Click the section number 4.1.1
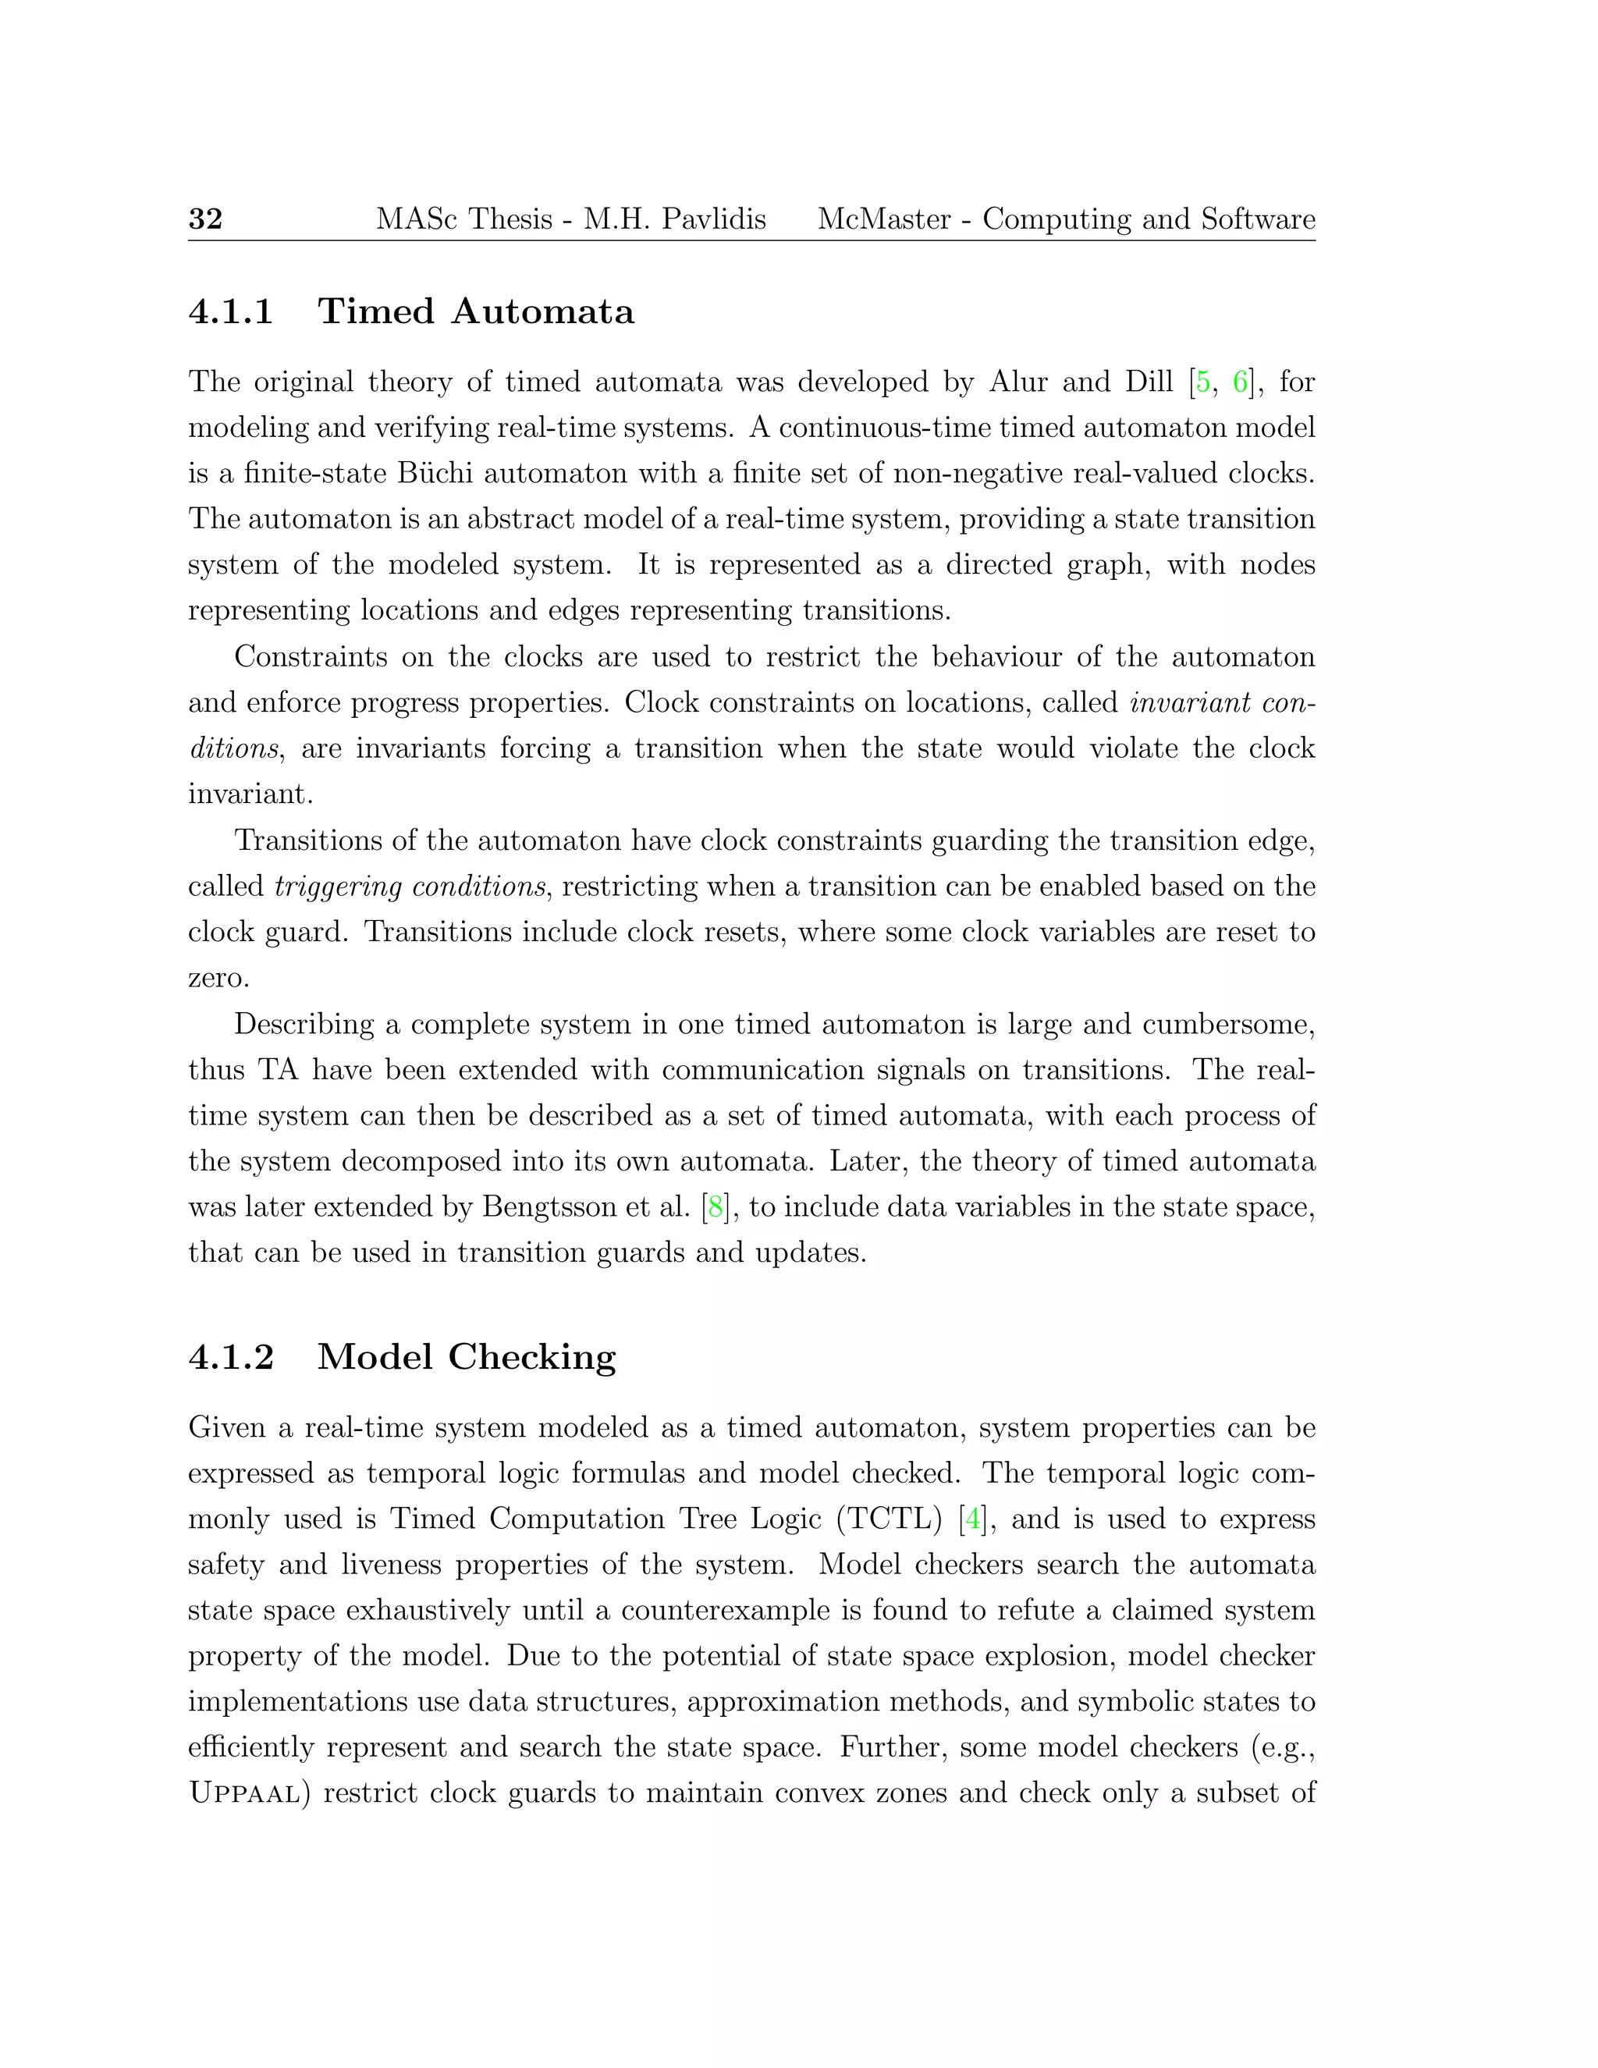click(x=231, y=311)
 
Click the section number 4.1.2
click(x=231, y=1357)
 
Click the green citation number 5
click(x=1202, y=382)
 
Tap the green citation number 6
click(x=1239, y=382)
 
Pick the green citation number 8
click(x=716, y=1207)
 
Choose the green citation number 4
click(x=972, y=1519)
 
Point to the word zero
click(x=217, y=978)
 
